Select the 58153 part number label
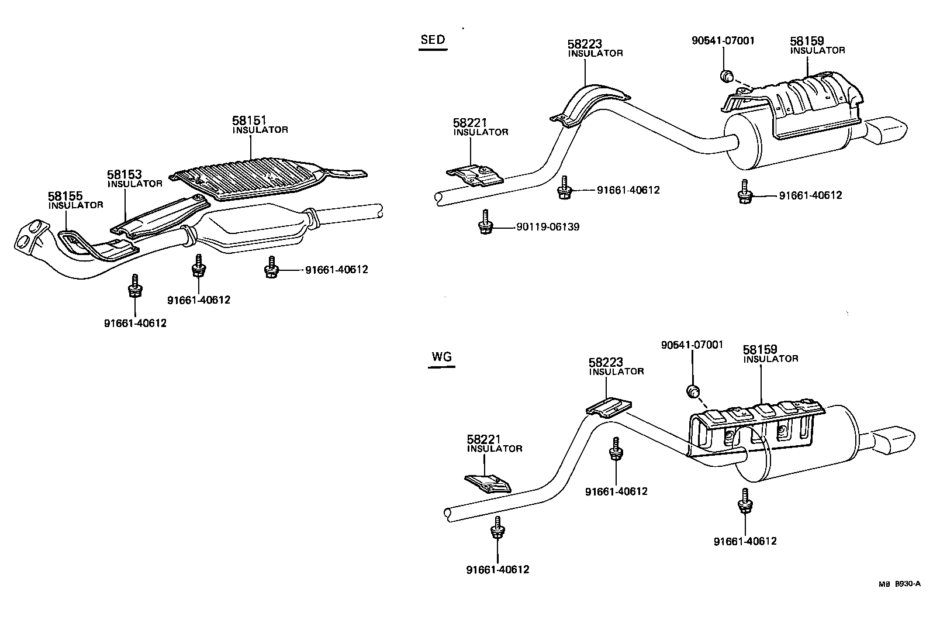pyautogui.click(x=125, y=174)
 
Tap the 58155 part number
pyautogui.click(x=65, y=196)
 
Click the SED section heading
pyautogui.click(x=433, y=40)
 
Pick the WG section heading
pyautogui.click(x=441, y=357)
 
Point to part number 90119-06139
pyautogui.click(x=548, y=227)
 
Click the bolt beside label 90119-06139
pyautogui.click(x=484, y=223)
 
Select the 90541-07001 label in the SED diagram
pyautogui.click(x=723, y=41)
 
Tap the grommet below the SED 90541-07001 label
pyautogui.click(x=727, y=75)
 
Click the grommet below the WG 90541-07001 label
pyautogui.click(x=693, y=391)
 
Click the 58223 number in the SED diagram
pyautogui.click(x=585, y=44)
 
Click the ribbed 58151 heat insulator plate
pyautogui.click(x=257, y=176)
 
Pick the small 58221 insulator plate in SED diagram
pyautogui.click(x=475, y=175)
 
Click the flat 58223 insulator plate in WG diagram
pyautogui.click(x=609, y=407)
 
